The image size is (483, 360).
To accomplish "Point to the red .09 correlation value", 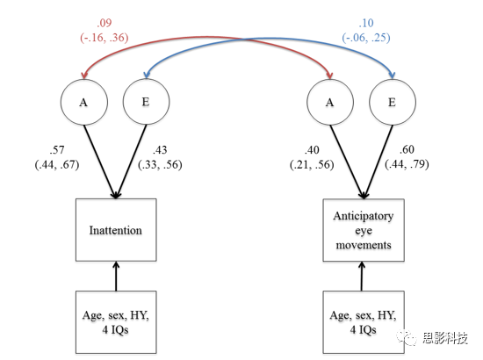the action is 105,23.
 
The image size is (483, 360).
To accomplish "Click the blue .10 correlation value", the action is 366,23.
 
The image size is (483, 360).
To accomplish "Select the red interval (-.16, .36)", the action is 105,38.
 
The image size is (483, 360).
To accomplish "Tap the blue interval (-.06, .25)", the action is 366,38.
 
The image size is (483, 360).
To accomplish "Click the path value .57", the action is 57,150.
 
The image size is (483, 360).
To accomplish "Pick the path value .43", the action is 160,150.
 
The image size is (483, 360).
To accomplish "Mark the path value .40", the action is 312,150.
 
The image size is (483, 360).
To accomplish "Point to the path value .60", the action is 407,149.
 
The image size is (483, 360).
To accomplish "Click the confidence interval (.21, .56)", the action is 312,165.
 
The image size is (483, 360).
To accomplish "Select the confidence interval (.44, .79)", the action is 407,164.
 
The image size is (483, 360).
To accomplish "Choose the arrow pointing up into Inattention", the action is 116,277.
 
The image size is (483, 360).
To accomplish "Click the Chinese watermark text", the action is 445,338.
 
